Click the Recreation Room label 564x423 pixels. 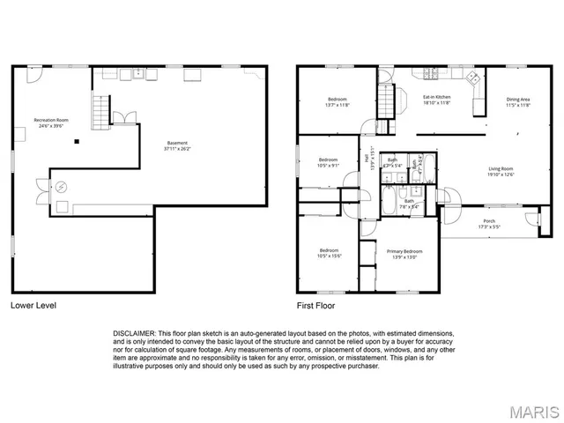coord(51,122)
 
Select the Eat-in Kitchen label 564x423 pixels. coord(436,100)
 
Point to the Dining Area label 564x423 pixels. coord(518,102)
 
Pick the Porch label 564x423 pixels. coord(488,224)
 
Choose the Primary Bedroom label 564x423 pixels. coord(404,255)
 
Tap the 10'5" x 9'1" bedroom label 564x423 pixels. coord(328,162)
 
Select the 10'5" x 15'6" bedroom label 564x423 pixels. coord(329,253)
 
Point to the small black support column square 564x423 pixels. coord(77,141)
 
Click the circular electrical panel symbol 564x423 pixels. coord(61,187)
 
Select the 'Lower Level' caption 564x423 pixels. coord(34,307)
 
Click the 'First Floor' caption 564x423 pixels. coord(317,307)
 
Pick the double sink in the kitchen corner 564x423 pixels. coord(472,77)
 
